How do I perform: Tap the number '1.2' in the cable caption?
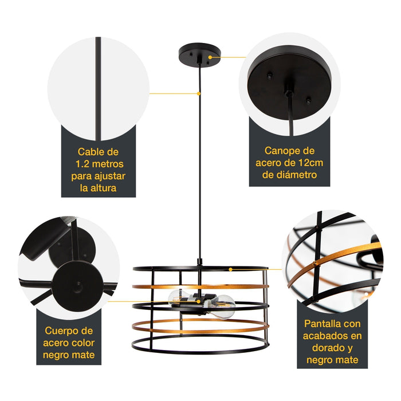[82, 164]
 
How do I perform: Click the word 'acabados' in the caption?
[322, 336]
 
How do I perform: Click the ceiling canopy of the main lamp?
[200, 53]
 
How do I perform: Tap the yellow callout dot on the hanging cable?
[198, 94]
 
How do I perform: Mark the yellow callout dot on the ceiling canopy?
[210, 57]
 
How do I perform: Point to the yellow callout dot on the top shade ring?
[230, 269]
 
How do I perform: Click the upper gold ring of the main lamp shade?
[200, 286]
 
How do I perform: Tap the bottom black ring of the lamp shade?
[200, 352]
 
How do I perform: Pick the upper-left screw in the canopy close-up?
[269, 76]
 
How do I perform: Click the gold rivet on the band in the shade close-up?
[314, 263]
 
